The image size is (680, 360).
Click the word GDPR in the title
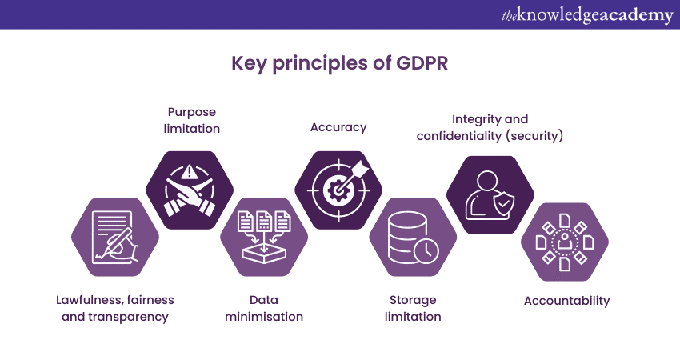[x=422, y=63]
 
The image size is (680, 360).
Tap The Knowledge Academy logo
[x=587, y=15]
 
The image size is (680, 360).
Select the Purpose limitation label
[x=192, y=120]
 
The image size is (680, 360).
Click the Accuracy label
[x=338, y=127]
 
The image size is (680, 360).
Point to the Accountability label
[x=566, y=301]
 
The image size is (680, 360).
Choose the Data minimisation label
[x=264, y=308]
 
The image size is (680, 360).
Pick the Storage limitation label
[x=413, y=308]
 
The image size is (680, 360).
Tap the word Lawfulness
[x=89, y=300]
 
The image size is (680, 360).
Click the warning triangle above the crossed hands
[x=188, y=173]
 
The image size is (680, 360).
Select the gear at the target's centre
[x=336, y=190]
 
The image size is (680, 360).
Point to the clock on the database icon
[x=426, y=250]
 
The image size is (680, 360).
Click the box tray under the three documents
[x=264, y=253]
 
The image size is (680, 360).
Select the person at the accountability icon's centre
[x=564, y=241]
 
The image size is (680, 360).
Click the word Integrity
[x=474, y=119]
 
